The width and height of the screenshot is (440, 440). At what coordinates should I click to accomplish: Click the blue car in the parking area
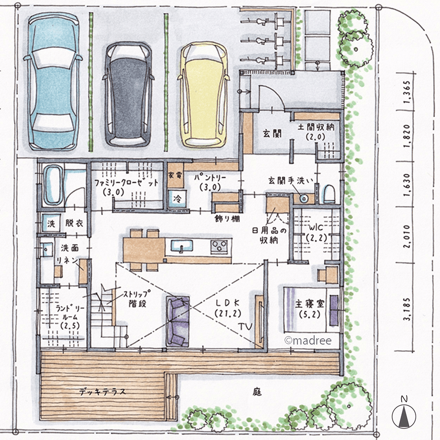[x=53, y=81]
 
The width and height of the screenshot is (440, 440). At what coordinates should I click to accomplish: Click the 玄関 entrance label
[x=272, y=134]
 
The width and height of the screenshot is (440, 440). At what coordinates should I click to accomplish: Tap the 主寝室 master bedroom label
[x=309, y=309]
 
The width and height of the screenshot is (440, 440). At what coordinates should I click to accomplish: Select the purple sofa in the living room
[x=177, y=321]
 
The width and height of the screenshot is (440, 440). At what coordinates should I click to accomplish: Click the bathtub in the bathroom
[x=53, y=185]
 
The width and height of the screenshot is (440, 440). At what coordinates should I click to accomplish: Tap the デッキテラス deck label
[x=103, y=392]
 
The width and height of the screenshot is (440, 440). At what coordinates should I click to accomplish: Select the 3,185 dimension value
[x=407, y=309]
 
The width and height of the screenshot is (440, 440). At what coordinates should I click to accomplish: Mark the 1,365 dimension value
[x=407, y=92]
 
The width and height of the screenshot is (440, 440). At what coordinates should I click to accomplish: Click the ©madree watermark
[x=308, y=341]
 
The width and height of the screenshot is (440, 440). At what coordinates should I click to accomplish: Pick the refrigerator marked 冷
[x=177, y=198]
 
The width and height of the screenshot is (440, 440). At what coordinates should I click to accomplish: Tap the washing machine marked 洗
[x=51, y=224]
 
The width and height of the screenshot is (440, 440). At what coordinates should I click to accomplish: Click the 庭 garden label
[x=257, y=392]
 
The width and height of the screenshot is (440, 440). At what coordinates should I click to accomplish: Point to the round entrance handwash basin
[x=304, y=199]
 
